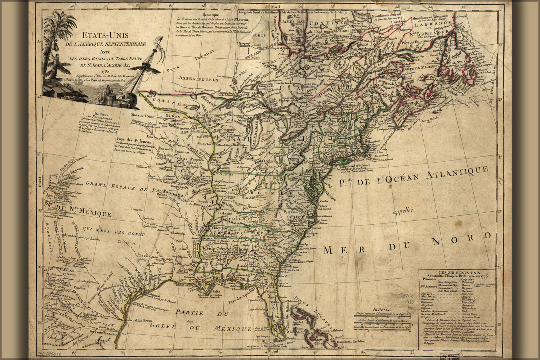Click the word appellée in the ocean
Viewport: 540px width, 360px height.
(406, 211)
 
